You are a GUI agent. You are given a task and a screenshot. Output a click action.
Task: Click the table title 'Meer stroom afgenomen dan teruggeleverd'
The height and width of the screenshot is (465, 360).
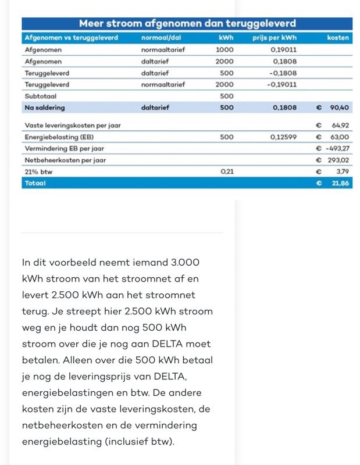tap(187, 24)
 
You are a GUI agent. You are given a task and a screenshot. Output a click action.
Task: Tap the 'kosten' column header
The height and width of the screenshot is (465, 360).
tap(338, 38)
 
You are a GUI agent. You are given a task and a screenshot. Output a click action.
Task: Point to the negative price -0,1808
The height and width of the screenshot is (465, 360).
tap(283, 73)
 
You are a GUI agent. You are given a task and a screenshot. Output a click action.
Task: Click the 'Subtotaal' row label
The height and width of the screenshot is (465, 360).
tap(41, 96)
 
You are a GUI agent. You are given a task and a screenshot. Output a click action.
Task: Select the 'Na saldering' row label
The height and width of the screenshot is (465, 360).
tap(45, 108)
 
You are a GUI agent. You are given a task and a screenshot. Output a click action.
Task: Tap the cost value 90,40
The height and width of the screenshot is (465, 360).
tap(339, 108)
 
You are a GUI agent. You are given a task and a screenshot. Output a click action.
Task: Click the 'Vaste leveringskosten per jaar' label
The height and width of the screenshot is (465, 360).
tap(73, 126)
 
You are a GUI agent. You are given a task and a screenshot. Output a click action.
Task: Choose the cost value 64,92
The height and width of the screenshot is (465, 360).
tap(340, 126)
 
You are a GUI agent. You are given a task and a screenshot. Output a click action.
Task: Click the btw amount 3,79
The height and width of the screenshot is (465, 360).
tap(342, 171)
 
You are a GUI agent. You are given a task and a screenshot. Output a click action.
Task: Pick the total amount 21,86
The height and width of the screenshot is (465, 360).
tap(340, 183)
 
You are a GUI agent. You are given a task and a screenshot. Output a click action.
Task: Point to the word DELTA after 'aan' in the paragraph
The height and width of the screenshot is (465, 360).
tap(156, 344)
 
